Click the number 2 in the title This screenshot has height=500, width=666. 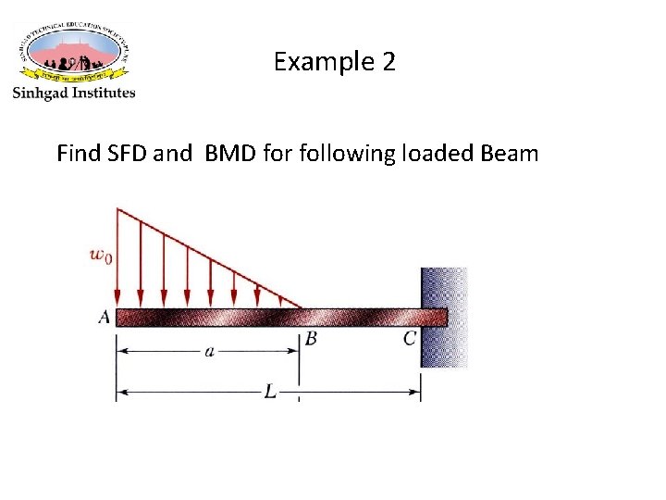[x=388, y=63]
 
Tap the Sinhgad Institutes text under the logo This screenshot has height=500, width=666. [x=73, y=93]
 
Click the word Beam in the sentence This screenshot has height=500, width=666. [x=509, y=153]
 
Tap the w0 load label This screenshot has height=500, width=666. [x=101, y=256]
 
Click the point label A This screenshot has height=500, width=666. [x=104, y=318]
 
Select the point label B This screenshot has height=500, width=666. [x=311, y=340]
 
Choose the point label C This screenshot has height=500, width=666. [x=410, y=339]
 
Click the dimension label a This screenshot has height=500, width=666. [x=209, y=352]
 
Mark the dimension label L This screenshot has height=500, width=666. [x=269, y=392]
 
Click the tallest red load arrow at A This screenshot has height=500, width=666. [x=117, y=259]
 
